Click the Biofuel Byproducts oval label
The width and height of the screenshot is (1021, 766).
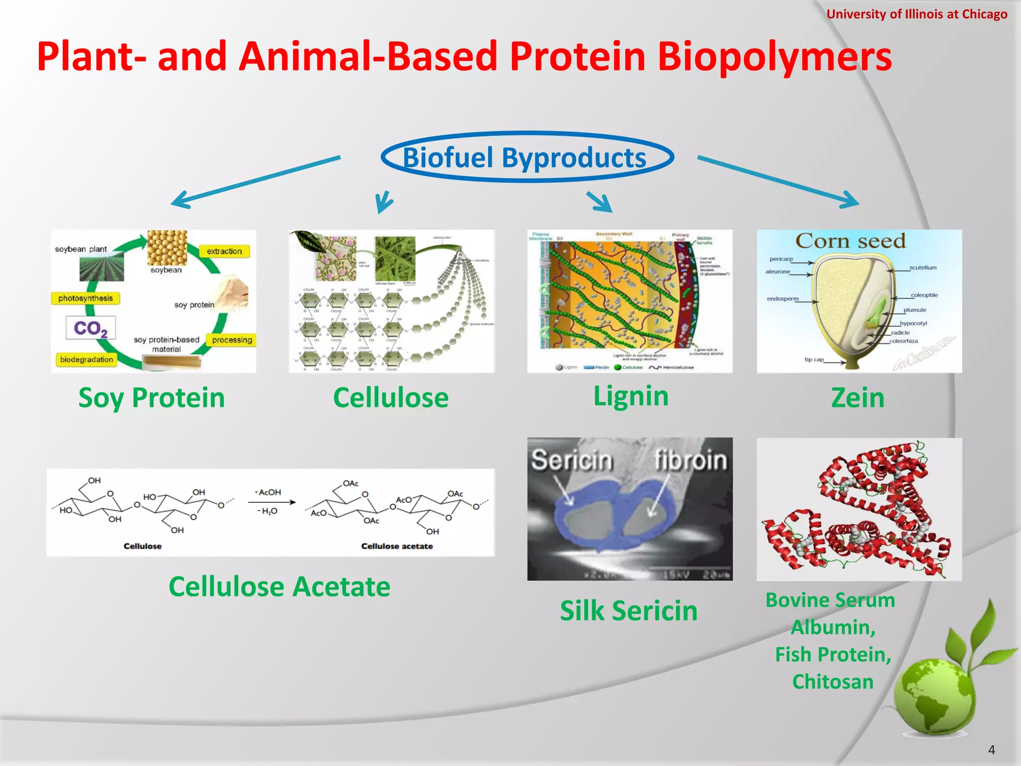tap(526, 158)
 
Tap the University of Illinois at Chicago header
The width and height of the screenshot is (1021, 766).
tap(916, 14)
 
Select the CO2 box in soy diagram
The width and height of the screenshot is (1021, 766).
tap(91, 328)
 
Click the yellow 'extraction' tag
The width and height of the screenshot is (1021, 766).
tap(224, 251)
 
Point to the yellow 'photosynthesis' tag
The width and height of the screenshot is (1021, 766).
tap(86, 298)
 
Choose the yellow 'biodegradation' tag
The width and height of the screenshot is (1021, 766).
tap(86, 360)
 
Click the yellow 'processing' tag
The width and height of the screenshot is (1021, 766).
tap(232, 340)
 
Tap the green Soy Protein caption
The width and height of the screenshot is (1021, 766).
tap(152, 398)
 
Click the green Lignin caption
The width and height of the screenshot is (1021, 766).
tap(631, 396)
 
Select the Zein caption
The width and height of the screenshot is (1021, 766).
tap(857, 398)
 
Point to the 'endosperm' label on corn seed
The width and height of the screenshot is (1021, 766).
tap(782, 299)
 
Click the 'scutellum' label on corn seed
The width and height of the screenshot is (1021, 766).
tap(923, 268)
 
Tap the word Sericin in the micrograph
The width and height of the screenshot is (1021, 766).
tap(571, 460)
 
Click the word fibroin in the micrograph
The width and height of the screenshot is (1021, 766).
tap(690, 460)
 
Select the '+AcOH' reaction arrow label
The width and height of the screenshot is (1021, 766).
tap(268, 492)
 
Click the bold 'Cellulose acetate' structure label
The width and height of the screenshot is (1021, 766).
tap(397, 546)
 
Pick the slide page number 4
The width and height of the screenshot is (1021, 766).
tap(991, 750)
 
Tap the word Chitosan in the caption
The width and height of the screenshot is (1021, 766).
tap(833, 682)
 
